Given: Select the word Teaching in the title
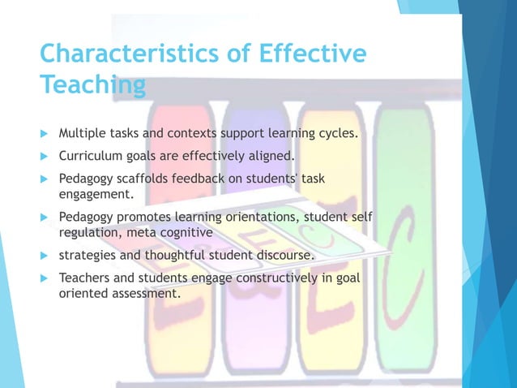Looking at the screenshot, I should (93, 85).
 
